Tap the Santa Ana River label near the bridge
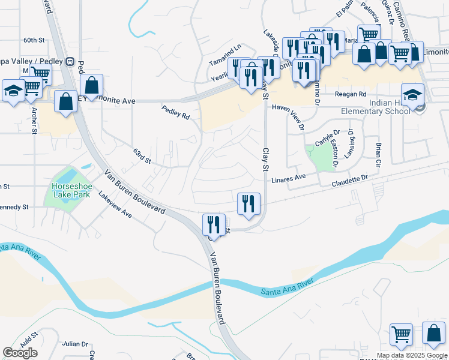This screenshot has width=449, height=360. (x=287, y=287)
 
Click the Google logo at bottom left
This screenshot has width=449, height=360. (x=20, y=353)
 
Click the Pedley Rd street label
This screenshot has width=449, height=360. (x=175, y=112)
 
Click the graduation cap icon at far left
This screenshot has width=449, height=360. (x=13, y=92)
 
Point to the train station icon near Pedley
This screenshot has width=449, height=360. (x=70, y=61)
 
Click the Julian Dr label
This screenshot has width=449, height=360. (x=75, y=344)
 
